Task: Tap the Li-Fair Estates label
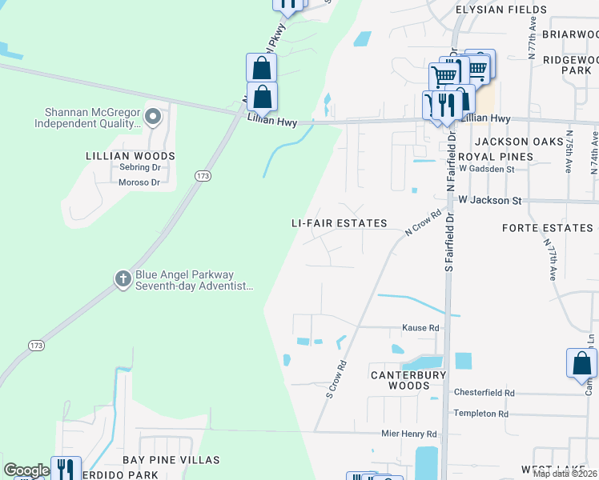(x=339, y=224)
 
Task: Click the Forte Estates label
(x=548, y=228)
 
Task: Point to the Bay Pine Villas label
(x=171, y=460)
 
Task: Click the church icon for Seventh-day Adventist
(x=123, y=279)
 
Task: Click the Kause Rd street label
(x=420, y=328)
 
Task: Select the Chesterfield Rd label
(x=484, y=393)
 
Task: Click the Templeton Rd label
(x=480, y=414)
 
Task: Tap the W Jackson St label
(x=488, y=200)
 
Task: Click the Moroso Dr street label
(x=139, y=183)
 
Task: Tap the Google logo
(x=26, y=470)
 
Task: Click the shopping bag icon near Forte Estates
(x=581, y=363)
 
